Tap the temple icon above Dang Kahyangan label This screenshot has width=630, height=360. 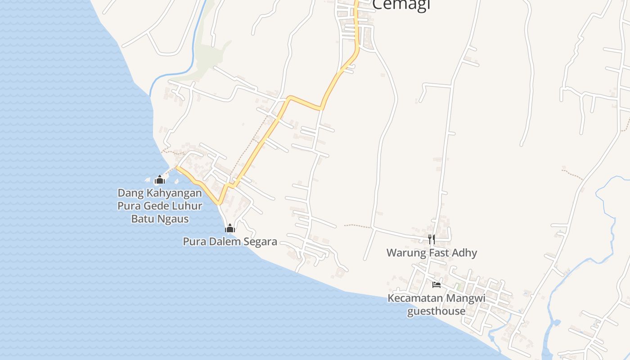coord(160,180)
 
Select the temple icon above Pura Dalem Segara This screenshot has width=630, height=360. coord(230,228)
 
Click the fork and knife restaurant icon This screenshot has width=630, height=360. coord(432,239)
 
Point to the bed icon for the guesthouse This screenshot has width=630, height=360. coord(436,284)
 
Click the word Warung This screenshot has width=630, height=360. coord(406,252)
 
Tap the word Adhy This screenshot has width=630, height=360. coord(465,252)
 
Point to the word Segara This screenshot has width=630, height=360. coord(260,242)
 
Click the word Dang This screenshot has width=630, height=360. coord(128,193)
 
